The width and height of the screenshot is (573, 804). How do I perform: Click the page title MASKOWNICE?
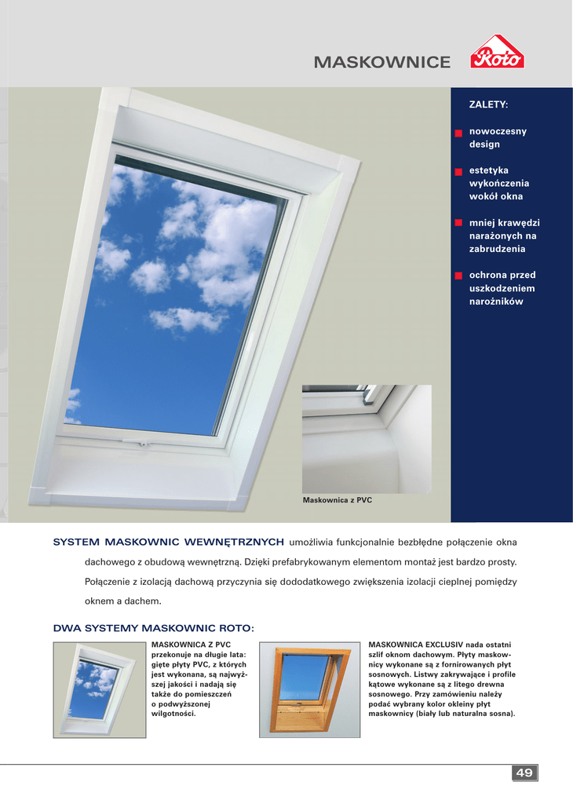382,62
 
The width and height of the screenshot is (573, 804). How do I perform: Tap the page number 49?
524,773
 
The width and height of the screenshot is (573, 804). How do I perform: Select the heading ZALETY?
488,104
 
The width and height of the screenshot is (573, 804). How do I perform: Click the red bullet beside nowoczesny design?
458,133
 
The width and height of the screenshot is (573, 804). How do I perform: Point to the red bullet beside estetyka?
458,171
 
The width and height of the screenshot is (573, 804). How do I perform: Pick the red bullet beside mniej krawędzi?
458,224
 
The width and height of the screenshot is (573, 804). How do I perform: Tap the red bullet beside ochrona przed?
458,276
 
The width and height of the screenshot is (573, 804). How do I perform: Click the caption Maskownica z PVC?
337,499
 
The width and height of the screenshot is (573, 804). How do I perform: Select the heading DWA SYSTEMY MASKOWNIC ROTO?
154,628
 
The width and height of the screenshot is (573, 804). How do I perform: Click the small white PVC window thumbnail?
99,689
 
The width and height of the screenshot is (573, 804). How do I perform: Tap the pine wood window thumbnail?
309,689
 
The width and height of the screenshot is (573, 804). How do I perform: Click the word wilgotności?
179,714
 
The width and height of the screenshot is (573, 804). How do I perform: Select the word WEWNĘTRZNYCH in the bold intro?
234,542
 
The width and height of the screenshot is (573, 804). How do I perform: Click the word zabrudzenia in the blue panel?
498,249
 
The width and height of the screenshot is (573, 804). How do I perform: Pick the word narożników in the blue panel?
496,301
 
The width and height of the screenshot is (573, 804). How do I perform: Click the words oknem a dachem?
122,601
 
